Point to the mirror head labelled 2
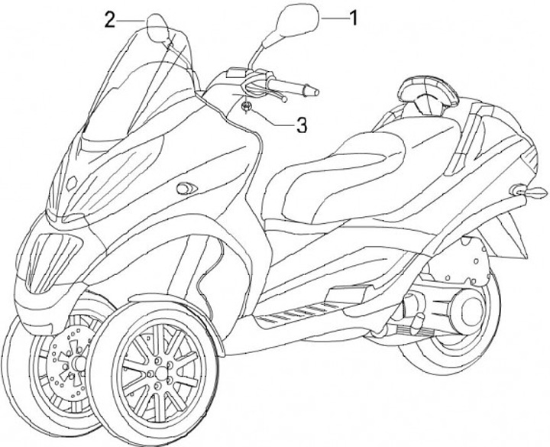click(x=159, y=28)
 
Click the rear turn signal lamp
click(x=522, y=190)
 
